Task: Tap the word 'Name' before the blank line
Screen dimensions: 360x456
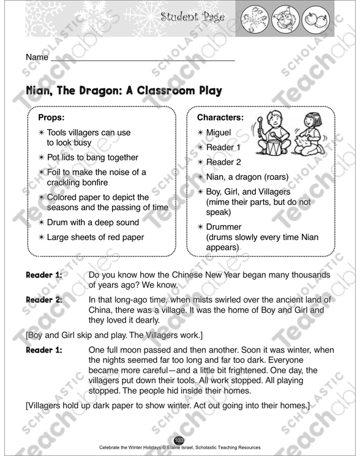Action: point(37,57)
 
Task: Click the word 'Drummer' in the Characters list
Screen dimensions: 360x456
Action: point(224,227)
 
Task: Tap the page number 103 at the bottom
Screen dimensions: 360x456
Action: point(179,441)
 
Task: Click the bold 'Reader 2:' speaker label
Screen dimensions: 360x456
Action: point(43,299)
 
